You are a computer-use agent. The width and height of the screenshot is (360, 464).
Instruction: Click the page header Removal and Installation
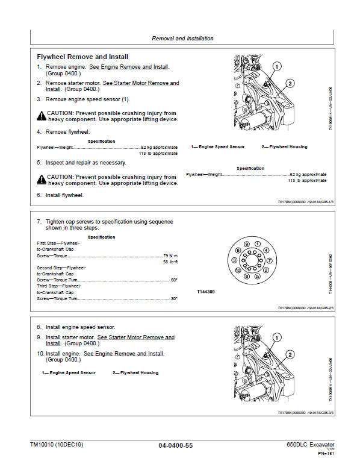[x=182, y=39]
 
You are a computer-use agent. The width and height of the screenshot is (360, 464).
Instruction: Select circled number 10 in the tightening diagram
[x=238, y=271]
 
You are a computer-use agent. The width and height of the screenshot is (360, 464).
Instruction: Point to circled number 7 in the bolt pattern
[x=269, y=260]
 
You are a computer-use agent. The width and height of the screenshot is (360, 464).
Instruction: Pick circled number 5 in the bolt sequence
[x=258, y=277]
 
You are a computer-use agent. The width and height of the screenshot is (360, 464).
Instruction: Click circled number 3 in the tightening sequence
[x=235, y=260]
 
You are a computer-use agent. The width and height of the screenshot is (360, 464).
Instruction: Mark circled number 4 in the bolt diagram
[x=265, y=250]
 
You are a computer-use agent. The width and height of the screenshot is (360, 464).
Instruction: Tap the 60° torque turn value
[x=174, y=280]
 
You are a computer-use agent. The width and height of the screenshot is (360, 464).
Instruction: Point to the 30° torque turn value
[x=174, y=298]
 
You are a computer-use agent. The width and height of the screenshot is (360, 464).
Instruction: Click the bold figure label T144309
[x=206, y=292]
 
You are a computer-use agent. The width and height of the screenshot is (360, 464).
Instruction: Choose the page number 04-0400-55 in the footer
[x=175, y=445]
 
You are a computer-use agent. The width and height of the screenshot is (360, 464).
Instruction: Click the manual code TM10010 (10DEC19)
[x=57, y=444]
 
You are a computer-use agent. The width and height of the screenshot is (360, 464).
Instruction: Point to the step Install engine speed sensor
[x=81, y=327]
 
